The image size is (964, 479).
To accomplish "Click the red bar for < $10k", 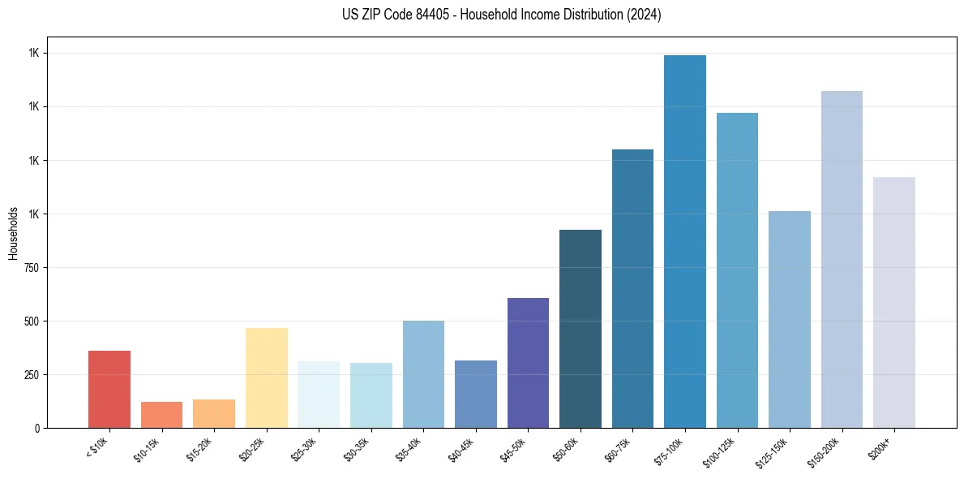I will (109, 390).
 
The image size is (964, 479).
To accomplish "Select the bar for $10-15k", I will (161, 415).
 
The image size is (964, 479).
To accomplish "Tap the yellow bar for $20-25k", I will (266, 378).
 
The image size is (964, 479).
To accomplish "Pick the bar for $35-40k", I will (423, 374).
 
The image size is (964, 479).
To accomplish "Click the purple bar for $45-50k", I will (528, 363).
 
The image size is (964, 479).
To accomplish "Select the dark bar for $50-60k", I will (581, 329).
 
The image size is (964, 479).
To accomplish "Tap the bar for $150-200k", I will (842, 260).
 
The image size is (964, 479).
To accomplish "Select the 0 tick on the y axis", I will (36, 428).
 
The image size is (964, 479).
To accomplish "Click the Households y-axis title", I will (13, 233).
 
